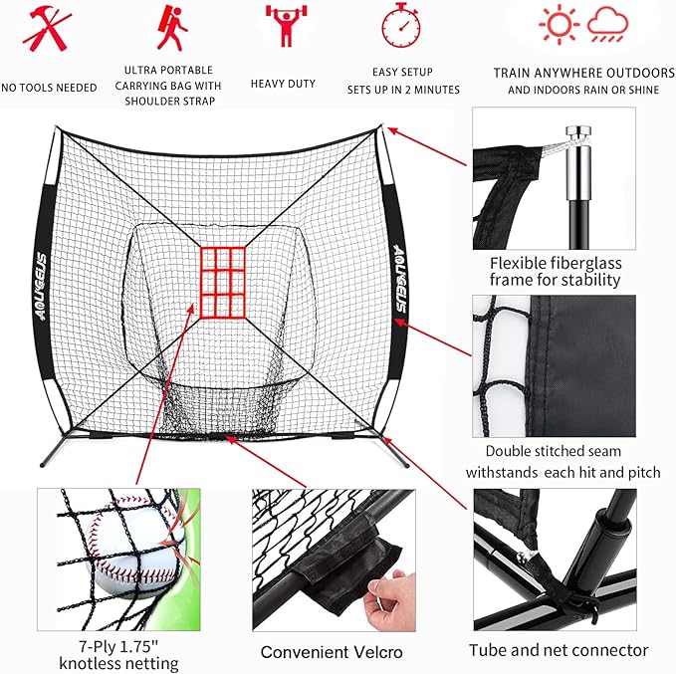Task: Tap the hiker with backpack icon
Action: coord(171,28)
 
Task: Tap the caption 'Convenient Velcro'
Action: coord(331,653)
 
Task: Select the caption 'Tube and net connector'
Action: coord(559,651)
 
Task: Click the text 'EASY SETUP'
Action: coord(402,72)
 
